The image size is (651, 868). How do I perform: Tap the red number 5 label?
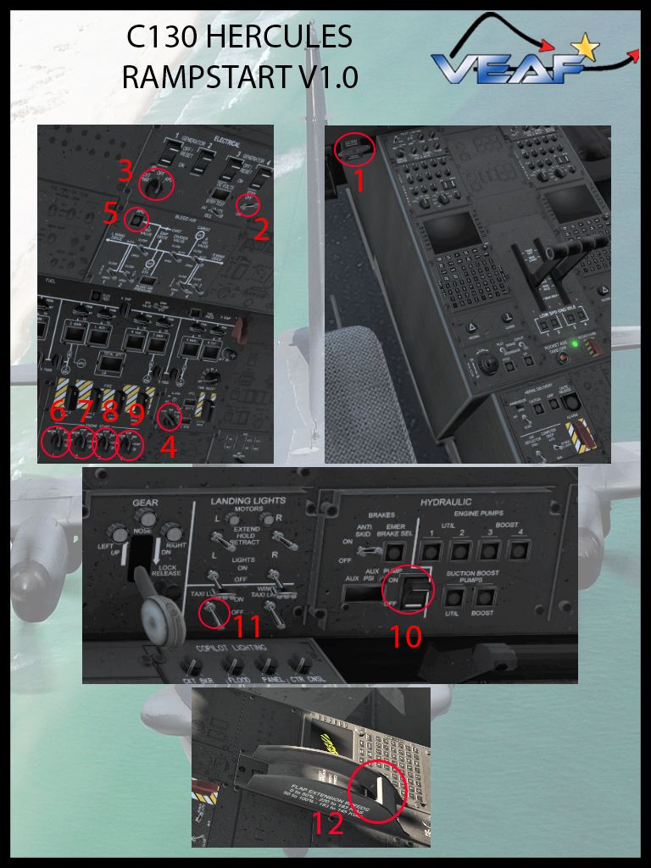(111, 213)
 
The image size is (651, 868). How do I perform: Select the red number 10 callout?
(405, 635)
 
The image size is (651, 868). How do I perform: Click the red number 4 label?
(170, 446)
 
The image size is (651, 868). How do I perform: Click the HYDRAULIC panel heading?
(445, 503)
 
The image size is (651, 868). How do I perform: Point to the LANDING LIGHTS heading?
(248, 501)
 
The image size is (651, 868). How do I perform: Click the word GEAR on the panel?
(145, 503)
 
